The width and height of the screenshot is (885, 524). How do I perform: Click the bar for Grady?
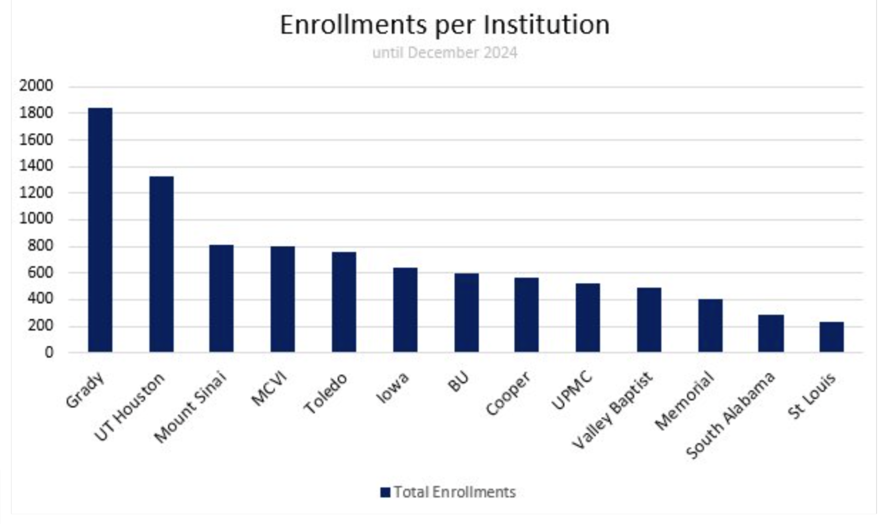(x=100, y=230)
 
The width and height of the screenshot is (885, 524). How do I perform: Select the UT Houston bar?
(x=161, y=264)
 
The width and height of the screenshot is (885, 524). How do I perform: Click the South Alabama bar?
(x=771, y=333)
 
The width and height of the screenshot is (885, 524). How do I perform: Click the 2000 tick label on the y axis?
(x=36, y=86)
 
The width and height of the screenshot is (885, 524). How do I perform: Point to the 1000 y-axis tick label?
(x=36, y=219)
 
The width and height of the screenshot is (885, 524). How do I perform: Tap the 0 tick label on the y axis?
(x=49, y=352)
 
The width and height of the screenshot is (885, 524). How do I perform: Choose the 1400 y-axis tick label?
(x=36, y=166)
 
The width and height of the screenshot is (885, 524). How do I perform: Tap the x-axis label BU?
(x=458, y=382)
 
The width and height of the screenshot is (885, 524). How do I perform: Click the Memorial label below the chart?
(x=685, y=400)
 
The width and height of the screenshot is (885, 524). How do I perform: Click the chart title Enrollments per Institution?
(x=444, y=25)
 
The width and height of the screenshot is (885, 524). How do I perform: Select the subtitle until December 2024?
(x=444, y=52)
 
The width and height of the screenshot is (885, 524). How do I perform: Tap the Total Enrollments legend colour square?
(x=385, y=492)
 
